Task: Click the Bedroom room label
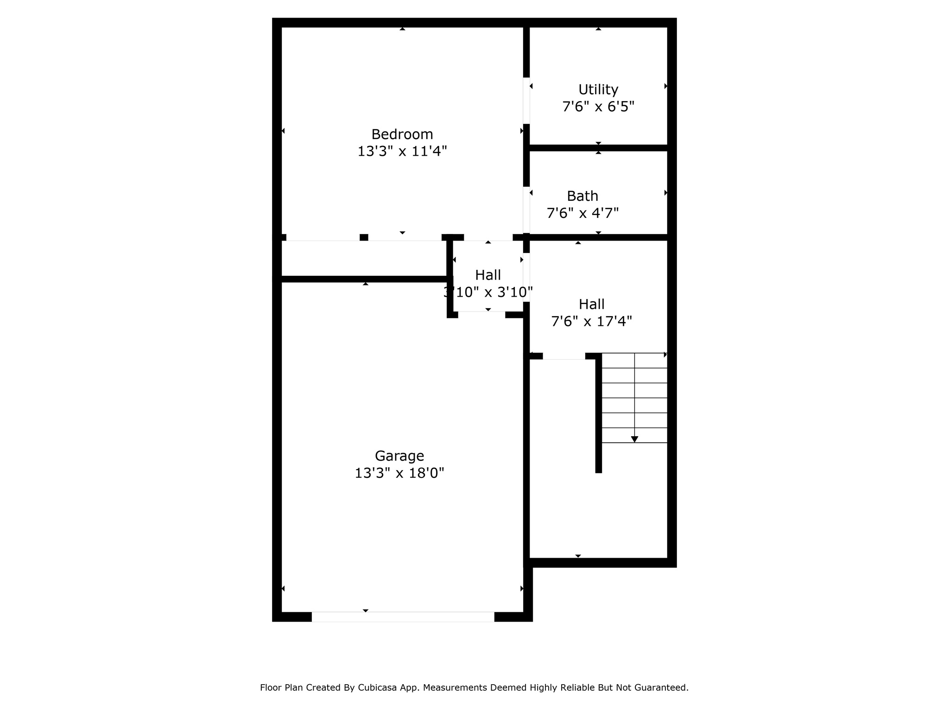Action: pyautogui.click(x=402, y=134)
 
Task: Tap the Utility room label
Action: pyautogui.click(x=598, y=89)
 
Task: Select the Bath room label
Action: pyautogui.click(x=582, y=196)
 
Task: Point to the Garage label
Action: pyautogui.click(x=399, y=456)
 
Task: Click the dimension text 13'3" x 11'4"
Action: pyautogui.click(x=402, y=151)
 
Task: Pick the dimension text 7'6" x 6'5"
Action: pyautogui.click(x=598, y=107)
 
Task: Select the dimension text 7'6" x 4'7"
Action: pyautogui.click(x=582, y=213)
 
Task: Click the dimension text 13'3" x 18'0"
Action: pyautogui.click(x=399, y=473)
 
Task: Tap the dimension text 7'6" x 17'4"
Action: pyautogui.click(x=591, y=321)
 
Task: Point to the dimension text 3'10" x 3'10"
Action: pyautogui.click(x=488, y=292)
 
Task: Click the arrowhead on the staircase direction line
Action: pyautogui.click(x=634, y=439)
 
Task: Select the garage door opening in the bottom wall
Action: pyautogui.click(x=403, y=617)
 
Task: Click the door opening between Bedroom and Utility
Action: pyautogui.click(x=526, y=101)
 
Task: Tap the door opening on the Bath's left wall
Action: pyautogui.click(x=526, y=210)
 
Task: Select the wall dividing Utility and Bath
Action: pyautogui.click(x=598, y=148)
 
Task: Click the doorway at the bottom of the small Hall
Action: pyautogui.click(x=481, y=315)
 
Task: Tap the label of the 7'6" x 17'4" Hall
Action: pyautogui.click(x=591, y=304)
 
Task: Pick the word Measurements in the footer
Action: pyautogui.click(x=453, y=687)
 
